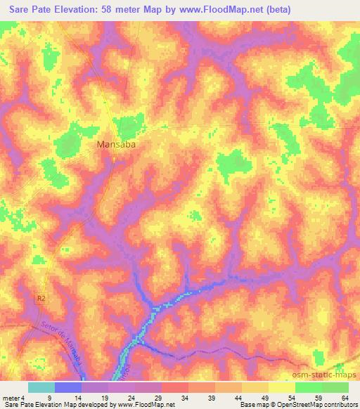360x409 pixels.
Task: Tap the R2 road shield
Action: pos(41,299)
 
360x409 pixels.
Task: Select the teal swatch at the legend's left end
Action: pos(41,388)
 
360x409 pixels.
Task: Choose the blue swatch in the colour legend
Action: pos(68,388)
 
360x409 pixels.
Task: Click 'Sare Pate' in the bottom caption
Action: pos(18,404)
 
